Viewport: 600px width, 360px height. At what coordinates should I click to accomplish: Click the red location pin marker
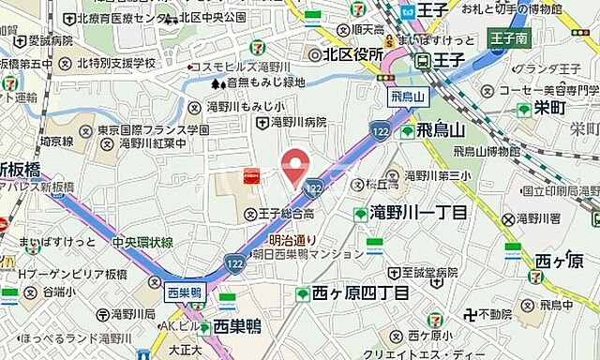click(297, 166)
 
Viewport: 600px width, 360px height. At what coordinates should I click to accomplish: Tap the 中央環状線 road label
click(142, 242)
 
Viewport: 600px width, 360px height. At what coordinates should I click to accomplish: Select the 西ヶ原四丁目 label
click(360, 294)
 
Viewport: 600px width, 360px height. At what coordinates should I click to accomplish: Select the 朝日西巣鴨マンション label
click(308, 255)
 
